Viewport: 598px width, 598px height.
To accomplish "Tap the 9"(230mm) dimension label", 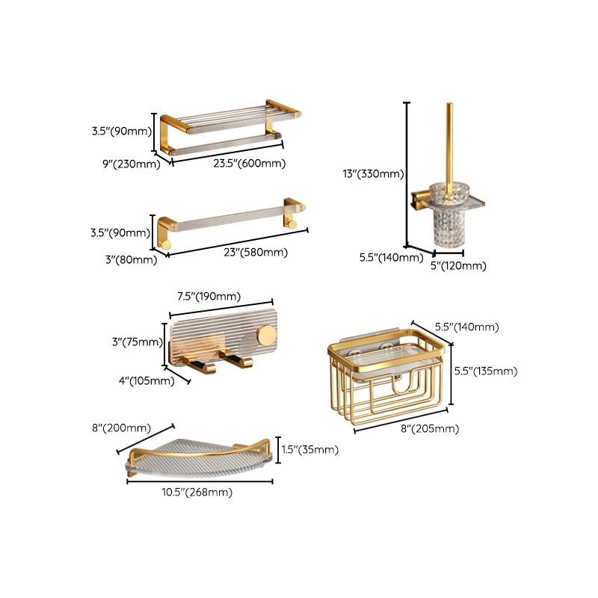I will (x=132, y=164).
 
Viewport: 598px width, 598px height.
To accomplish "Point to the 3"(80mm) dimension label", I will (x=132, y=259).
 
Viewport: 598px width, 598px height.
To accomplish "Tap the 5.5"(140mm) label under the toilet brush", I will (x=391, y=258).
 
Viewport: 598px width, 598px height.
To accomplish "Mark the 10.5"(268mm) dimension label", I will (x=198, y=492).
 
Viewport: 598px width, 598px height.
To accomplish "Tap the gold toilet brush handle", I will (x=450, y=142).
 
